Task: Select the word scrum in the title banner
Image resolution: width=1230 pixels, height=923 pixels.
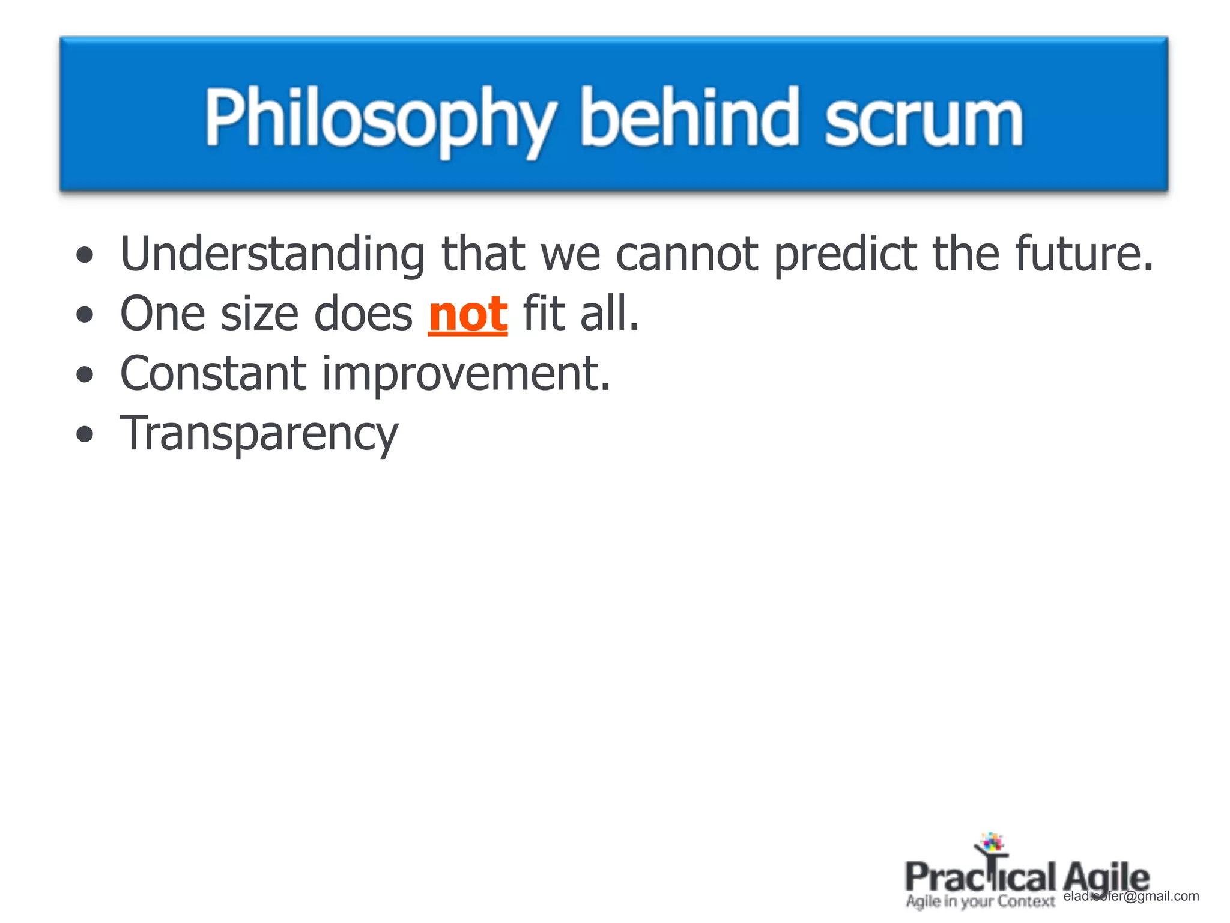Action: coord(923,120)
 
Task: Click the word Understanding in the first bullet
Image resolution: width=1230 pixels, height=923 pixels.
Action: coord(273,254)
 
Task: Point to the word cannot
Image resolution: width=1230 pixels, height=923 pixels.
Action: coord(687,254)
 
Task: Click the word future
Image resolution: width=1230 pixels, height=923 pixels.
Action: coord(1083,254)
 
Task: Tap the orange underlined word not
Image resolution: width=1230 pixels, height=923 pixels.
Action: coord(468,314)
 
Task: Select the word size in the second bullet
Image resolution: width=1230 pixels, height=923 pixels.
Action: coord(259,314)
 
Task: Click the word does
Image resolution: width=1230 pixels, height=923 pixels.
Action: coord(363,314)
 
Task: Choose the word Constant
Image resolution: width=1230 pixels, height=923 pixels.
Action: coord(213,374)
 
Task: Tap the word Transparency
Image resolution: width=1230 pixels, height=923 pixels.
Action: coord(259,434)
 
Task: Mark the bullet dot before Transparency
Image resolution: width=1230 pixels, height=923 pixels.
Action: coord(85,434)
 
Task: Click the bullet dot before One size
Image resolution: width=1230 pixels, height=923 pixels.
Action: coord(85,314)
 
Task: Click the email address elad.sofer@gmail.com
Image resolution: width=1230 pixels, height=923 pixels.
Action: coord(1132,897)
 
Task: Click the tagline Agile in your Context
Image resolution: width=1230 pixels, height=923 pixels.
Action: coord(980,901)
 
